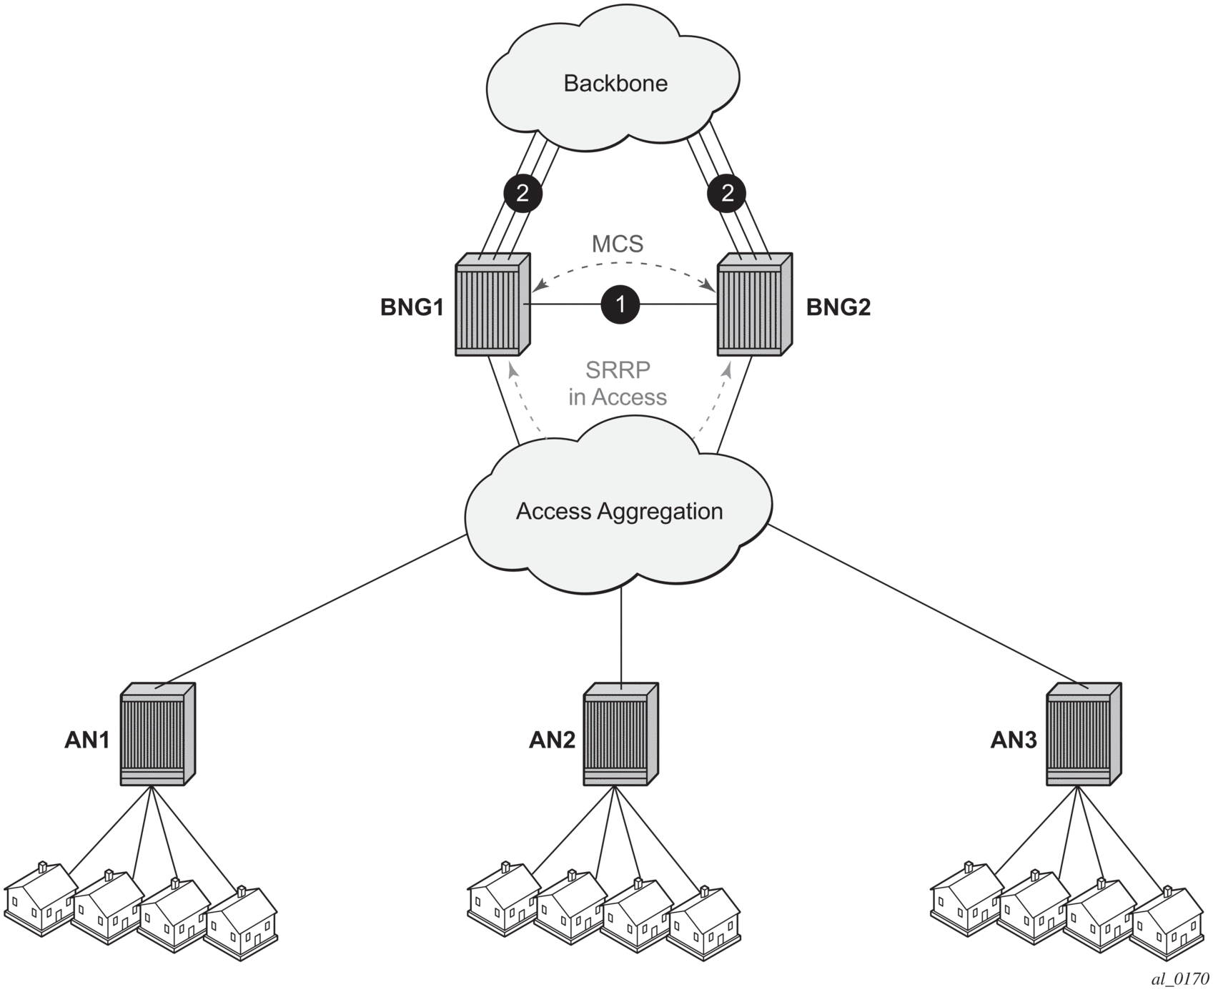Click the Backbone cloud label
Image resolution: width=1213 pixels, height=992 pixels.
tap(615, 83)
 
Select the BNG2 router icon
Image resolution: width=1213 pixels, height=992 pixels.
tap(755, 304)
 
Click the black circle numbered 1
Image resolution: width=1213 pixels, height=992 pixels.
tap(620, 304)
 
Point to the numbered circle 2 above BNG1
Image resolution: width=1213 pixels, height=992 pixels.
tap(523, 193)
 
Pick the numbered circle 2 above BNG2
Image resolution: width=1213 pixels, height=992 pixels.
tap(727, 193)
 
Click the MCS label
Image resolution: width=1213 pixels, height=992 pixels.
tap(618, 244)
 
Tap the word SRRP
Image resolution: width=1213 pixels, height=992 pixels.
tap(618, 370)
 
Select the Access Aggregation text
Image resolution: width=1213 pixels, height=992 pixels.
tap(619, 511)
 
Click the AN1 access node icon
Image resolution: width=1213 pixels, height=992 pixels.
tap(158, 734)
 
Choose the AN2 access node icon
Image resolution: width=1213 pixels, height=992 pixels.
tap(621, 734)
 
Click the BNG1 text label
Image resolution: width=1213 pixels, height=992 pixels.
tap(412, 307)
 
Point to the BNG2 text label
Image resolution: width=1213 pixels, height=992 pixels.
tap(838, 307)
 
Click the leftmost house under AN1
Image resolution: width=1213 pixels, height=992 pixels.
tap(41, 898)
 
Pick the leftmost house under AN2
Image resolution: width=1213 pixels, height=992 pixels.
tap(504, 898)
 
